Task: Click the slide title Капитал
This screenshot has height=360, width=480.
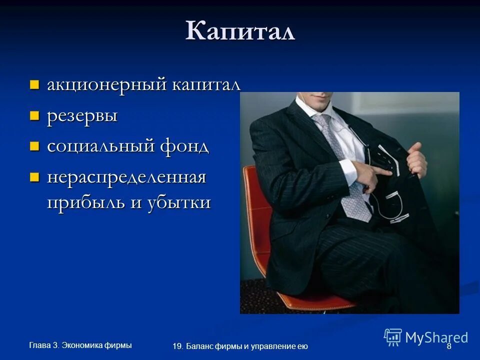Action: point(240,31)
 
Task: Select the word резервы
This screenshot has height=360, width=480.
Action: point(82,116)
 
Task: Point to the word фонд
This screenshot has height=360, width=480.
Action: point(184,146)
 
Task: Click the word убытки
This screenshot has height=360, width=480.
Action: point(179,202)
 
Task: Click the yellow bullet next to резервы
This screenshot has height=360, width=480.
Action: point(34,115)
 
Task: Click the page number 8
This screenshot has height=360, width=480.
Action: point(448,346)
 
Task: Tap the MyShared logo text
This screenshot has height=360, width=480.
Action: point(436,337)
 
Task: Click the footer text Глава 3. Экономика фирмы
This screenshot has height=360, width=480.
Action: point(80,344)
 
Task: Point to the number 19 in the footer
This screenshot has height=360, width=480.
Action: point(176,346)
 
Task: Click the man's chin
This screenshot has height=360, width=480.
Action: point(316,96)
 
